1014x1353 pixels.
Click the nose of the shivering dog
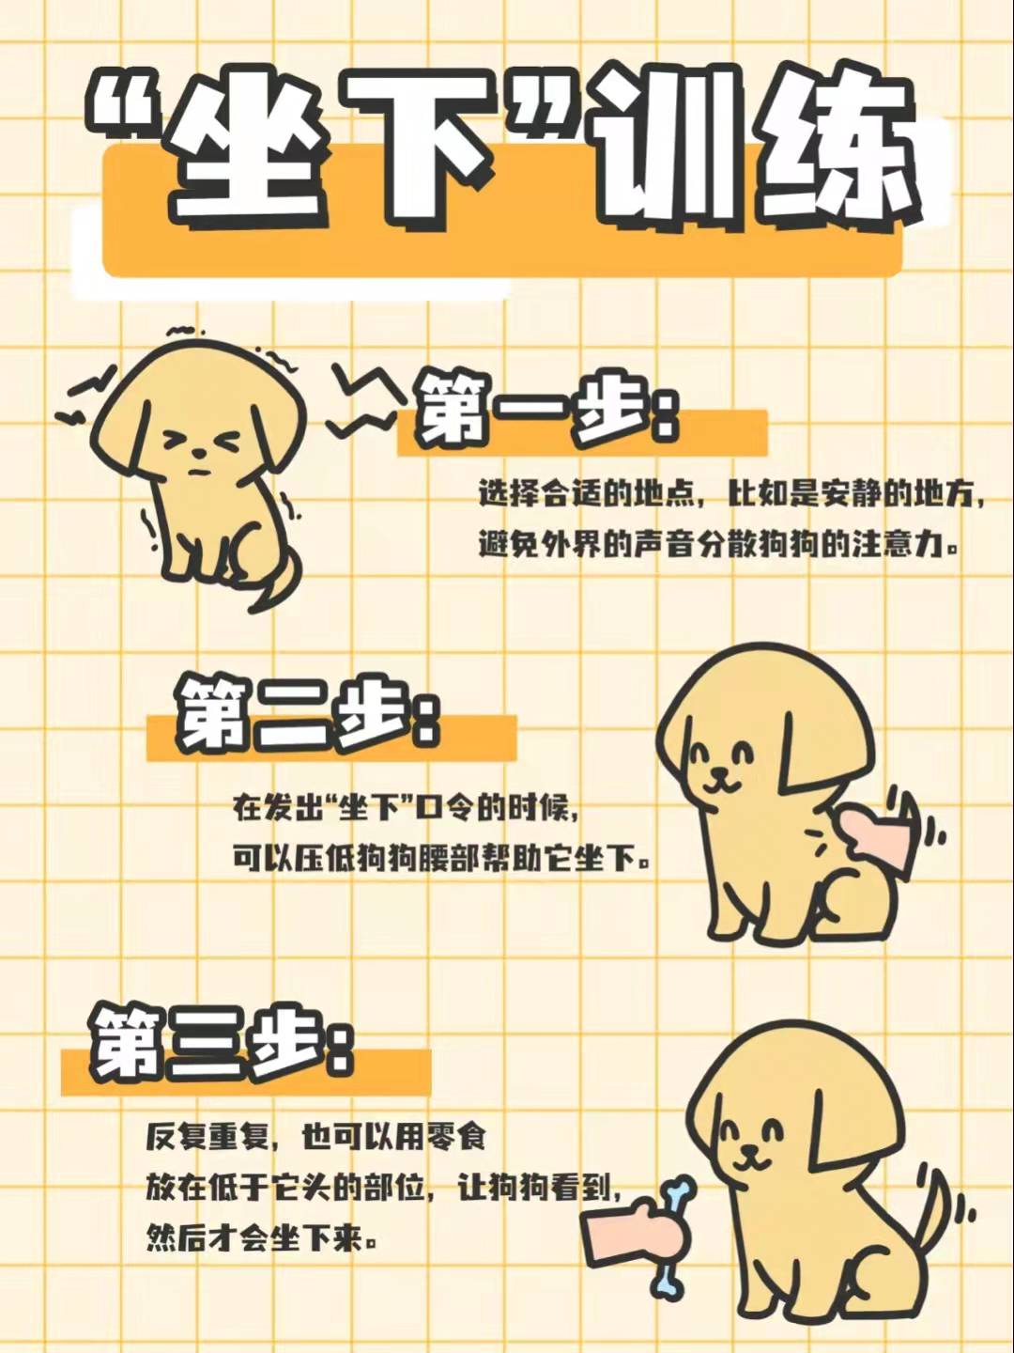click(198, 453)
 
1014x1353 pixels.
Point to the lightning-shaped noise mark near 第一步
click(362, 400)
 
